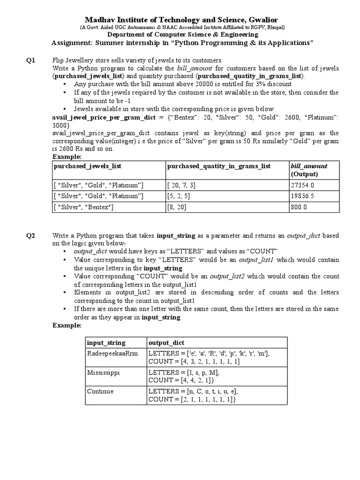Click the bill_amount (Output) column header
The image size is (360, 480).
(x=309, y=170)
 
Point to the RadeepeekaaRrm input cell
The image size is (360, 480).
(x=113, y=353)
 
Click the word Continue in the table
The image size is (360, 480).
(x=100, y=391)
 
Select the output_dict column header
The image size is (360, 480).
(x=165, y=343)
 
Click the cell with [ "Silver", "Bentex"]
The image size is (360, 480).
(x=84, y=207)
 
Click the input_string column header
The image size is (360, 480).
(x=106, y=343)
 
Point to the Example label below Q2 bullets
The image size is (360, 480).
(x=67, y=325)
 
